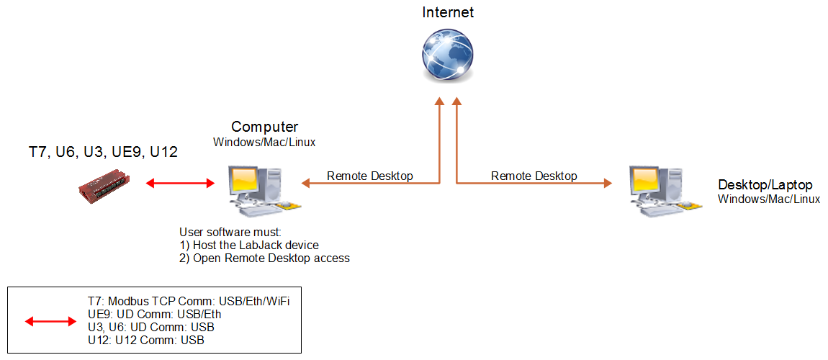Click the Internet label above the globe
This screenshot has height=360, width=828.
point(448,12)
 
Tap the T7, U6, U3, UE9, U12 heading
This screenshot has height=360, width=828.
point(103,152)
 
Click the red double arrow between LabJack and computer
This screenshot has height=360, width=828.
point(180,183)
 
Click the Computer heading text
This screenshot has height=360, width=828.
point(264,127)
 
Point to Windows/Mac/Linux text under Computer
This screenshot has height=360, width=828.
point(264,142)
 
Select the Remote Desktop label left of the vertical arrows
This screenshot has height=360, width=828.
point(370,176)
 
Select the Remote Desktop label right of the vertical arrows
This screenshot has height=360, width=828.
point(534,176)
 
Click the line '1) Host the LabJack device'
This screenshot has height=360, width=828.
point(248,245)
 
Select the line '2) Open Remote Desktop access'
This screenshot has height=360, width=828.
point(264,258)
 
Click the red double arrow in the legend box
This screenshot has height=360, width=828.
point(50,321)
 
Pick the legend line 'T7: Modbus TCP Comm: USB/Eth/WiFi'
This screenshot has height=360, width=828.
point(187,302)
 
